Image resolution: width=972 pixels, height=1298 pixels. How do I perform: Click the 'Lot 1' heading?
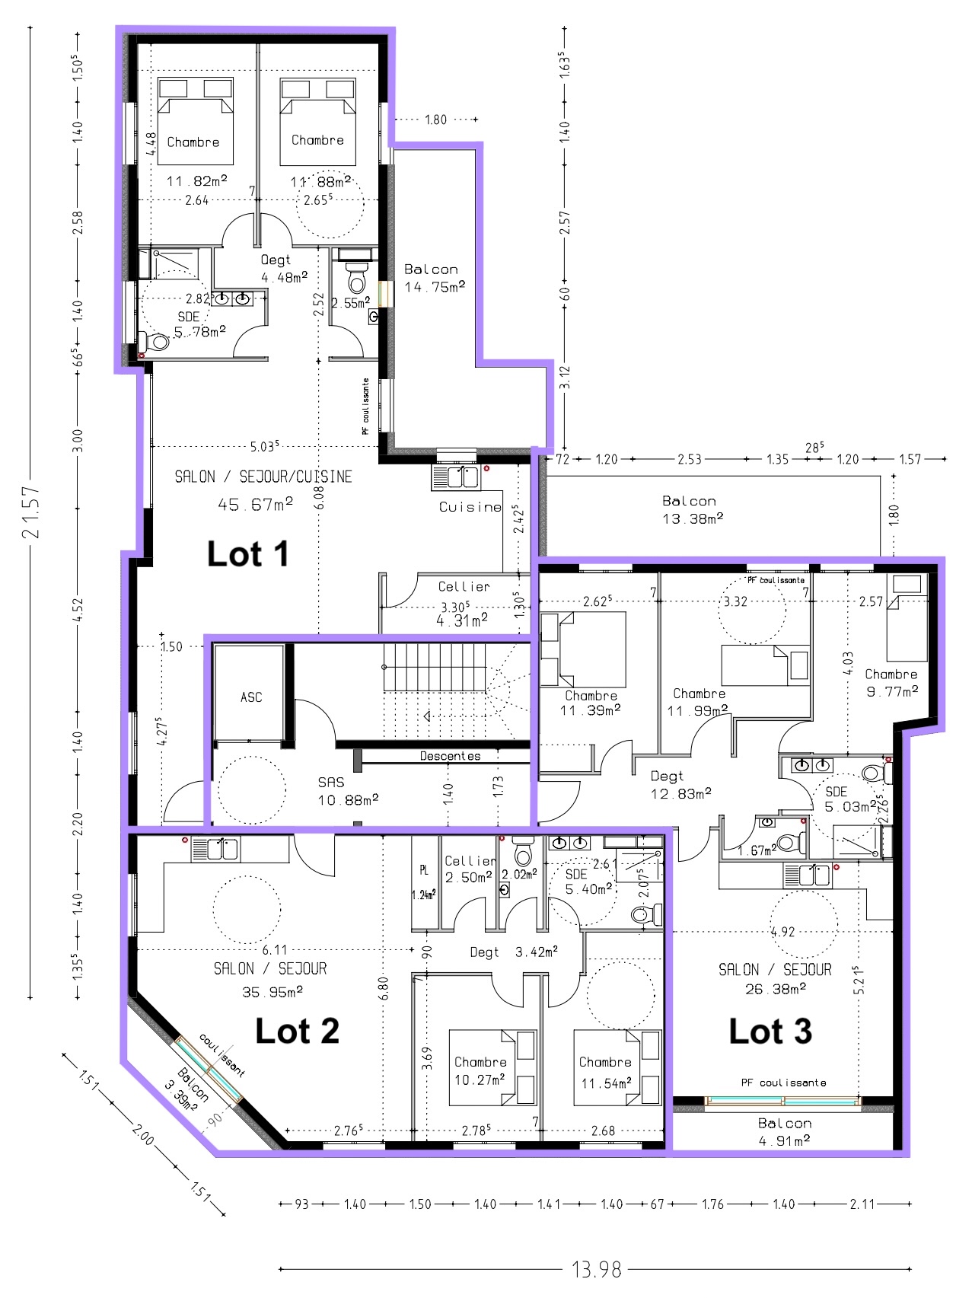coord(248,554)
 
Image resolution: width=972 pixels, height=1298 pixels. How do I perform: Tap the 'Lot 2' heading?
coord(297,1032)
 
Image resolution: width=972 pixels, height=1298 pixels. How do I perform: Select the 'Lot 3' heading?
coord(770,1032)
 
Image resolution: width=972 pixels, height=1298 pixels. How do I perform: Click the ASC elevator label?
coord(251,697)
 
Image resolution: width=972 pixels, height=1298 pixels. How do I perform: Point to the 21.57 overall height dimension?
coord(30,512)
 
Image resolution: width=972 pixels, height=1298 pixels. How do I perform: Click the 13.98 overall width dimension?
coord(597,1270)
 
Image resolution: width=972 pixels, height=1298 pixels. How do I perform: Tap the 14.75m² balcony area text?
coord(435,287)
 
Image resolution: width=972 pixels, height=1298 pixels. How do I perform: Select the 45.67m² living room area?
coord(256,505)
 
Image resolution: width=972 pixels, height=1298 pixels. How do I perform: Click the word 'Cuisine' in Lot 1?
coord(470,507)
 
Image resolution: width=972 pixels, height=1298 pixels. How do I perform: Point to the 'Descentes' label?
coord(451,756)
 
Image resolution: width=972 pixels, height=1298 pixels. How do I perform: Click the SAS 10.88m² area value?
coord(348,800)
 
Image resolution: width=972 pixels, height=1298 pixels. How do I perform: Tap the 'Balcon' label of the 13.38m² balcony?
coord(689,501)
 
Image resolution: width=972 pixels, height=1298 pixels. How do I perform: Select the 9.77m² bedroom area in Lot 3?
coord(892,691)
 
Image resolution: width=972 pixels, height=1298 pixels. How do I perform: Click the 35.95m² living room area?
coord(272,992)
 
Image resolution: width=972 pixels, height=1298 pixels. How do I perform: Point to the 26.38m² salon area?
coord(776,989)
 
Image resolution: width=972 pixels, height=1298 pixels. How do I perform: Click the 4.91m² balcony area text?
coord(784,1140)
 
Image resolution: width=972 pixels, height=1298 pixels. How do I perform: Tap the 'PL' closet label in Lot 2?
coord(424,870)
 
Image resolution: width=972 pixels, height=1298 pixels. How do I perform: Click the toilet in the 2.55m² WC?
coord(356,279)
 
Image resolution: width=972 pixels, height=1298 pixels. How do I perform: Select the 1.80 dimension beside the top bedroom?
coord(435,120)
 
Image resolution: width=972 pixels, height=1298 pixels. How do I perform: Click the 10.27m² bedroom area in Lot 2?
coord(480,1080)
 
